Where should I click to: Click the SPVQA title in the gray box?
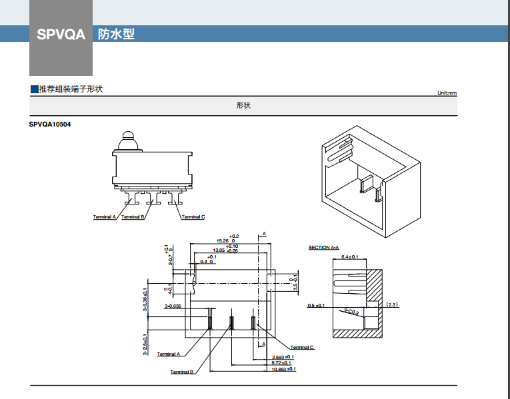tap(61, 34)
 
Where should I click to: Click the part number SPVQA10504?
tap(50, 125)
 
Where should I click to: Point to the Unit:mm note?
tap(447, 93)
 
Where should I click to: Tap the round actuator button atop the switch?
tap(127, 141)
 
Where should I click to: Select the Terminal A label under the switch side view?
tap(105, 217)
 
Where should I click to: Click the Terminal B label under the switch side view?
tap(133, 217)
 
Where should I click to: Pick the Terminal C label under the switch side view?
tap(193, 217)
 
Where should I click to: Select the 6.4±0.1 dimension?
tap(349, 256)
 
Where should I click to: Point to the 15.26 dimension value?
tap(222, 240)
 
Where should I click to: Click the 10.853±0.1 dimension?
tap(283, 369)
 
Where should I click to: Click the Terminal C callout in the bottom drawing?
tap(302, 348)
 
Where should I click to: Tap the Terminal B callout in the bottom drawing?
tap(181, 372)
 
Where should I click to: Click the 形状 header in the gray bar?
tap(243, 106)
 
